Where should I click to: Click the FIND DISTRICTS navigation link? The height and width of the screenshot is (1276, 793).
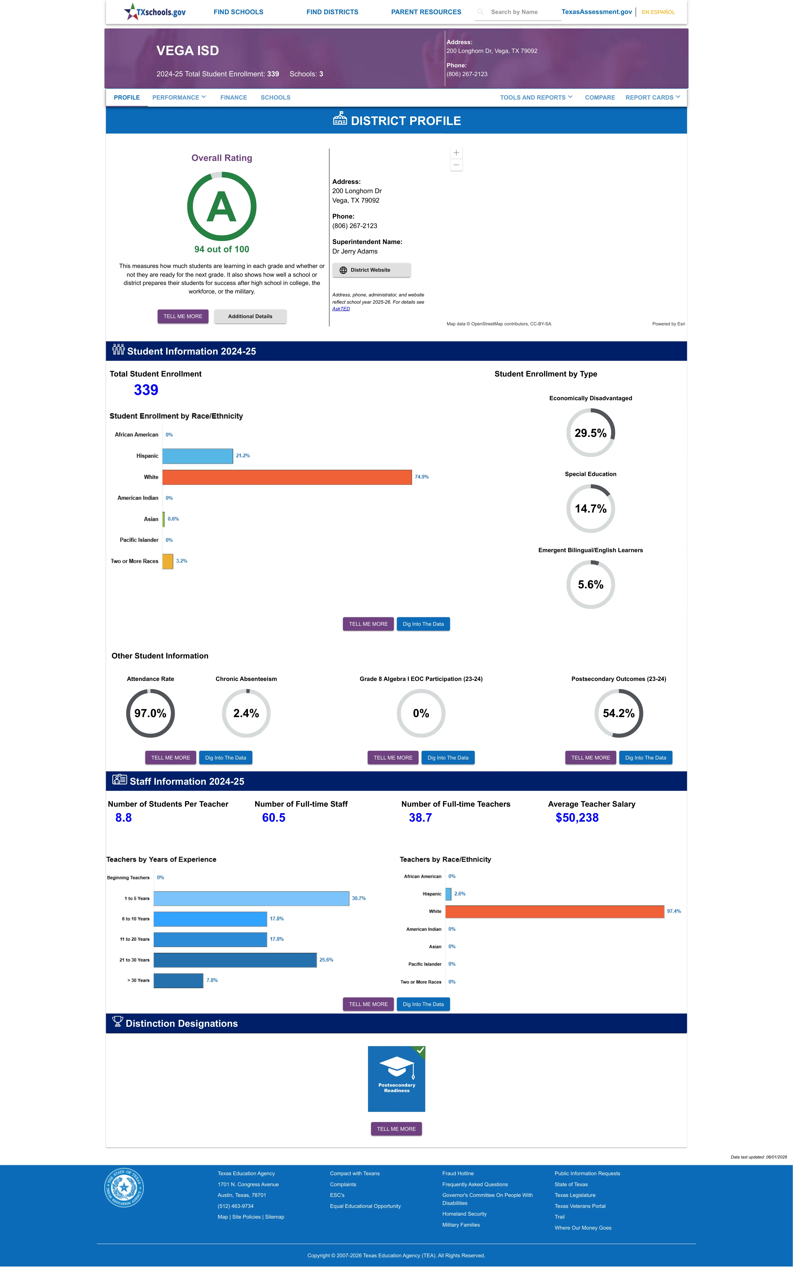tap(332, 12)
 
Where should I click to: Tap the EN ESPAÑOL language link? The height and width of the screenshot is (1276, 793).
tap(658, 12)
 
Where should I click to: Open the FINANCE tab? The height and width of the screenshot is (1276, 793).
tap(233, 98)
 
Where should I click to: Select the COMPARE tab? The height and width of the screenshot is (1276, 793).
tap(600, 98)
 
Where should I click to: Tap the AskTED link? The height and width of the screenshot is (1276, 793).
tap(341, 309)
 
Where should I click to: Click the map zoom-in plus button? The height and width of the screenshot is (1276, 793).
tap(456, 152)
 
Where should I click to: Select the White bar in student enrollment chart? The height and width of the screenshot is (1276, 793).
tap(287, 477)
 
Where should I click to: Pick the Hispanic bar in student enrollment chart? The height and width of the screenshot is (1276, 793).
tap(198, 456)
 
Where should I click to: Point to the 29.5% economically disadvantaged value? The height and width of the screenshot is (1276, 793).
tap(591, 433)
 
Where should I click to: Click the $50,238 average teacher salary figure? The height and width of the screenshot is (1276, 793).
tap(577, 818)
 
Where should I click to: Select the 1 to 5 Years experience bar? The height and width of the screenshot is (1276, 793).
tap(251, 898)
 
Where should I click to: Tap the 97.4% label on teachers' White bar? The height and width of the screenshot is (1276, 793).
tap(674, 912)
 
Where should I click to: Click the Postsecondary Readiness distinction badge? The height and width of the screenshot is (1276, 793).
tap(396, 1079)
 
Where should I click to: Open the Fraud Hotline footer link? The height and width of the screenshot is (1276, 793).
tap(458, 1174)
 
